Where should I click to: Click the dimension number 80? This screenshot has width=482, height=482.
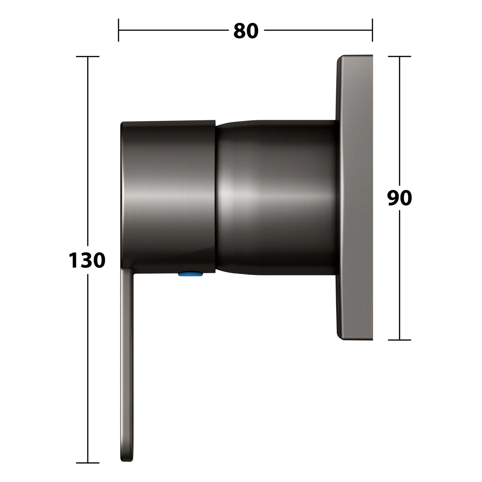tap(246, 31)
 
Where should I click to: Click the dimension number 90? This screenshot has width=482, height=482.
tap(399, 198)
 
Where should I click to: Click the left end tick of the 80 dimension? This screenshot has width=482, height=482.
tap(119, 30)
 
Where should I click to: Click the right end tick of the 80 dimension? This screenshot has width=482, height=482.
tap(372, 30)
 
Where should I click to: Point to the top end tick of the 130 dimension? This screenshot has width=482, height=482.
tap(87, 56)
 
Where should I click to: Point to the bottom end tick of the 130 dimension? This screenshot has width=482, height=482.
tap(87, 463)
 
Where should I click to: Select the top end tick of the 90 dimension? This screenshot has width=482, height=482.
tap(399, 56)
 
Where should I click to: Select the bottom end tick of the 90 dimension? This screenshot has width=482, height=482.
tap(399, 340)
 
